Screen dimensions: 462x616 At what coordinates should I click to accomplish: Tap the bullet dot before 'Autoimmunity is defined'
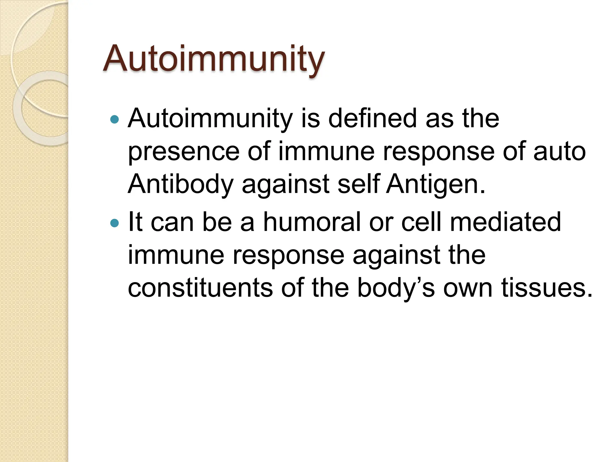click(x=115, y=120)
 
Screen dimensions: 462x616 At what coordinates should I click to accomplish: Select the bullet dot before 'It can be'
click(x=115, y=223)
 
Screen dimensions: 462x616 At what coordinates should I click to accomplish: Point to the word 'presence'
click(x=183, y=152)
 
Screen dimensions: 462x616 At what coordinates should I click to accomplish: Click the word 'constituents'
click(x=200, y=288)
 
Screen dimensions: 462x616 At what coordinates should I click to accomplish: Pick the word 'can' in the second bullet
click(x=172, y=223)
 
